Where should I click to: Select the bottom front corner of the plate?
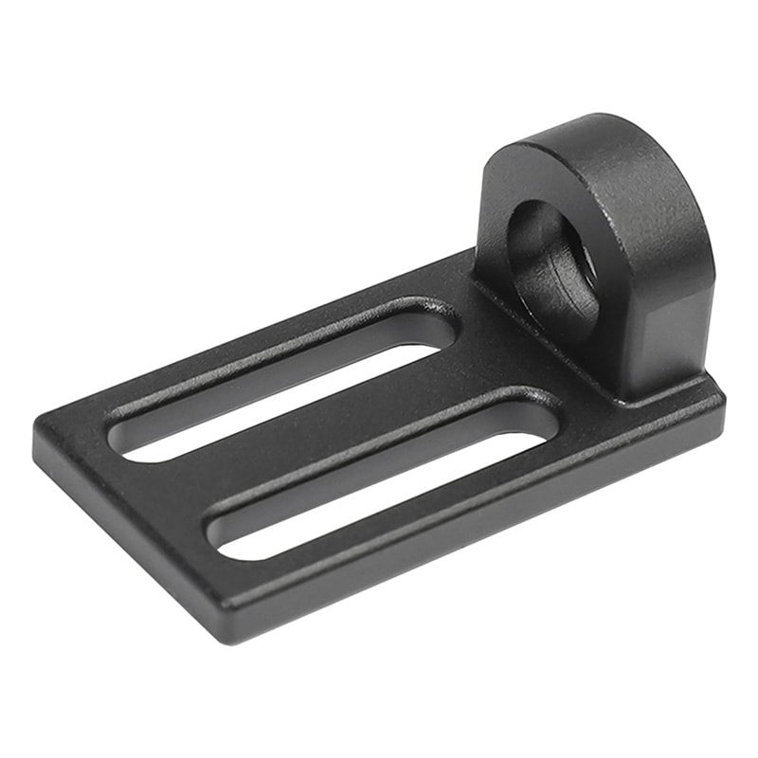[x=227, y=630]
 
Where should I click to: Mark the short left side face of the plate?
[x=123, y=531]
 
